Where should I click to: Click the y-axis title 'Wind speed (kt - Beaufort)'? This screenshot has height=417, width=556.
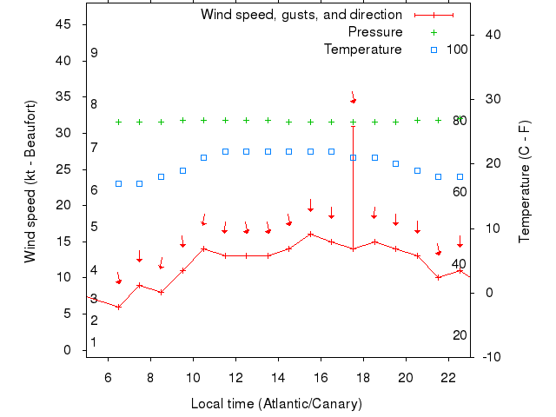coord(30,182)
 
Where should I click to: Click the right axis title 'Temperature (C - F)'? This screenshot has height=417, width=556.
coord(525,182)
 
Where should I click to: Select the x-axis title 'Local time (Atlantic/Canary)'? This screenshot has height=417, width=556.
coord(275,404)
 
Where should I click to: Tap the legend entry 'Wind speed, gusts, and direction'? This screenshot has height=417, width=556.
coord(301,15)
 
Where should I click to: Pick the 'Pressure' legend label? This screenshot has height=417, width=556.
coord(375,32)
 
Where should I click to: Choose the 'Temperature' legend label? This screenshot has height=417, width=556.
coord(363,50)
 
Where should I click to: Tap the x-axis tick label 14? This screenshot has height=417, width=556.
coord(278,378)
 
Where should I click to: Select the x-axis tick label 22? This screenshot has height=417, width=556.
coord(448,378)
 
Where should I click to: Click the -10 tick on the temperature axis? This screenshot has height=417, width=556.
coord(490,357)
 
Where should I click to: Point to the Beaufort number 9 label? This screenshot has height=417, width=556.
coord(94,53)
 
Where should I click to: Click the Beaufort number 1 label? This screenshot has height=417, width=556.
coord(94,342)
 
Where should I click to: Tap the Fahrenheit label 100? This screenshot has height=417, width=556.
coord(458,49)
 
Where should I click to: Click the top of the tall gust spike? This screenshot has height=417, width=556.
coord(353,126)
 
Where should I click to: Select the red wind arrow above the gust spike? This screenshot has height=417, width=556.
coord(353,97)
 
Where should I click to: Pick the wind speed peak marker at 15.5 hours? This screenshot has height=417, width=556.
coord(310,234)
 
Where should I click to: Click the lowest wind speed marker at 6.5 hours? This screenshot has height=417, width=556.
coord(118,307)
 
